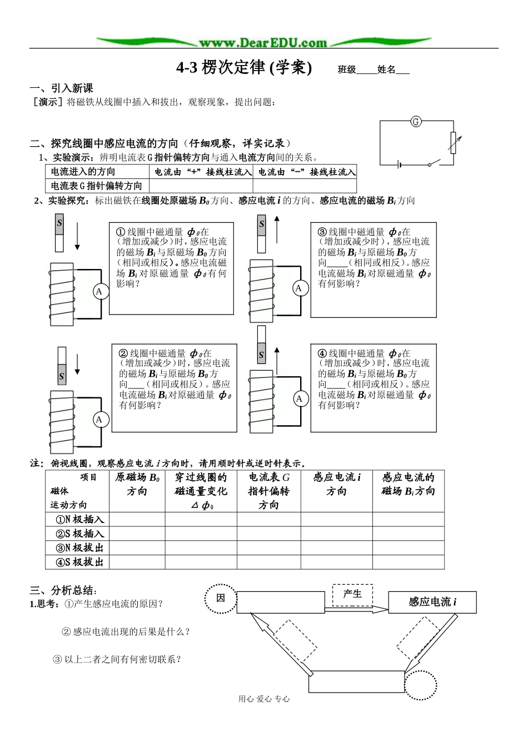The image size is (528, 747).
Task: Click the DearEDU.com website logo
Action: tap(263, 43)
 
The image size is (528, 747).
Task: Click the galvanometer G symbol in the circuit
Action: tap(415, 121)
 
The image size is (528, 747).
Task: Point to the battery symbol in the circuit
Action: tap(399, 165)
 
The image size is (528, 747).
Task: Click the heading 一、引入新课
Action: tap(61, 88)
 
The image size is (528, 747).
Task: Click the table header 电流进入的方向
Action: tap(83, 172)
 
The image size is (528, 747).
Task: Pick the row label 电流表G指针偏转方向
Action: tap(96, 186)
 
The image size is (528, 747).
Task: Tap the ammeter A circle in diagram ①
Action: tap(100, 291)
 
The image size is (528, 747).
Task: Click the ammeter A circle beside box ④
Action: tap(300, 399)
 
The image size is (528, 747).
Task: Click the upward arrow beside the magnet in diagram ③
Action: tap(276, 229)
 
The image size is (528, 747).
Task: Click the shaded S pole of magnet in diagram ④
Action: tap(261, 355)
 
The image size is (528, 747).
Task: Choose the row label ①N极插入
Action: tap(79, 520)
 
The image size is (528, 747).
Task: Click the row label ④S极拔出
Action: tap(79, 562)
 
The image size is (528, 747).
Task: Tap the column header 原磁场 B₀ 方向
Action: tap(137, 484)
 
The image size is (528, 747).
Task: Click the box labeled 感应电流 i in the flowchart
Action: tap(432, 602)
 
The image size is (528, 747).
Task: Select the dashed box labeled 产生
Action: tap(352, 594)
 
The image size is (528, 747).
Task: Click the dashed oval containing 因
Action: tap(221, 599)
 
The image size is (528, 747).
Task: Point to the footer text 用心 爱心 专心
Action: tap(263, 699)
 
